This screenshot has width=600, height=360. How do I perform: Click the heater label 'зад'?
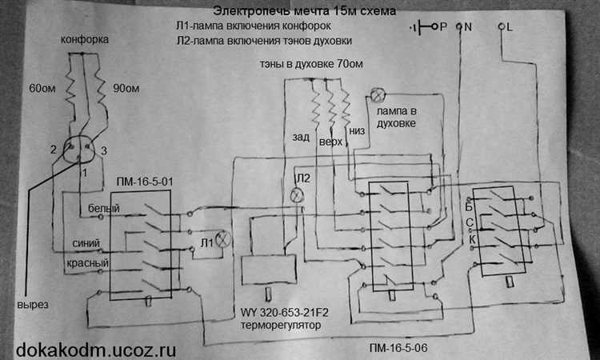click(301, 138)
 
